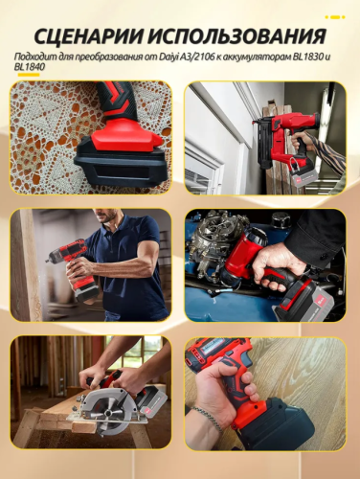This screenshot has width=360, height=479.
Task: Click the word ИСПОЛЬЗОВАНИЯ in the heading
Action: coord(237,36)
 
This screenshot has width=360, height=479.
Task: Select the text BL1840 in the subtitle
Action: coord(28,67)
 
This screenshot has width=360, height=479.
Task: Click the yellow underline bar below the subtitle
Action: coord(29,75)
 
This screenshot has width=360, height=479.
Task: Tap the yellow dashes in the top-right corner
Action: coord(334,17)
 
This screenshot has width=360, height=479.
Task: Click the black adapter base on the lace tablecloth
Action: coord(120,166)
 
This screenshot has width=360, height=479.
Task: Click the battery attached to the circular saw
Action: coord(154,404)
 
